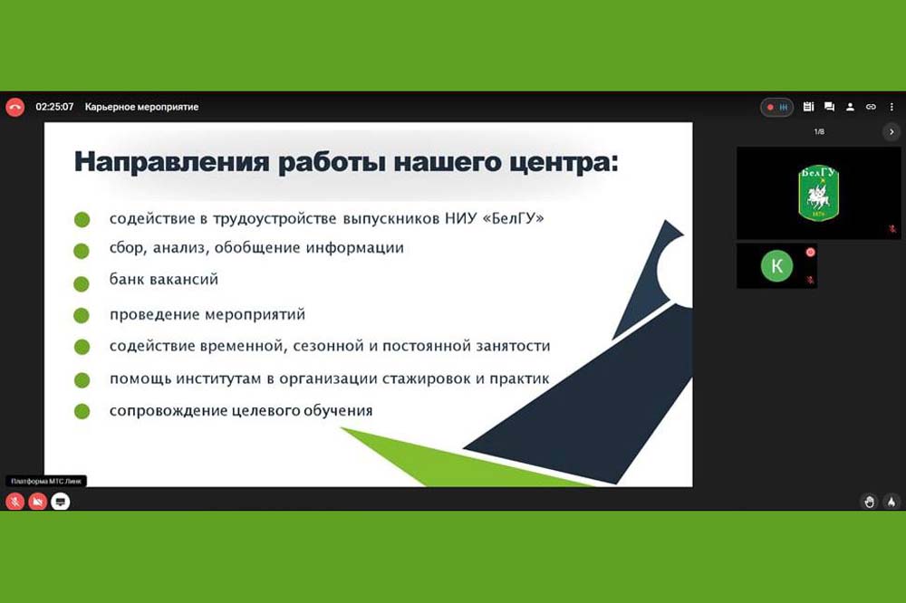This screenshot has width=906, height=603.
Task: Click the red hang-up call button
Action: click(15, 107)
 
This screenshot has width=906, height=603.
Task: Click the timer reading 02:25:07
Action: click(54, 107)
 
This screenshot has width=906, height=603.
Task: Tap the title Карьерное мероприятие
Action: click(141, 107)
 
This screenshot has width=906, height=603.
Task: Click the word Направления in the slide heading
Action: click(171, 162)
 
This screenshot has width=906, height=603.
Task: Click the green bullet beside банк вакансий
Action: click(82, 283)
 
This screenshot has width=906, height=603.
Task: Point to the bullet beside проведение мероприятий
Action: click(82, 315)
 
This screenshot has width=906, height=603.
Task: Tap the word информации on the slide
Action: click(355, 248)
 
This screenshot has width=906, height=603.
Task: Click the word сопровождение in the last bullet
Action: click(169, 411)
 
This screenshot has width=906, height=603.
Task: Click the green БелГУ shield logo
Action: click(818, 193)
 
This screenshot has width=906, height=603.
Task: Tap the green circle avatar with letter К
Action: click(776, 265)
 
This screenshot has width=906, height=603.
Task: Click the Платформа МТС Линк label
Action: click(46, 481)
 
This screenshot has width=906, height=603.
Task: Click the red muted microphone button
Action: click(15, 502)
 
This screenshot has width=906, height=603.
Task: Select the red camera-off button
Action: click(37, 502)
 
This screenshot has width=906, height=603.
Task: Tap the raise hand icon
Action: click(869, 502)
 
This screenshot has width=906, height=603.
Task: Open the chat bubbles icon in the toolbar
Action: click(829, 107)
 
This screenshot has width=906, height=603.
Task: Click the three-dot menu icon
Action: click(892, 107)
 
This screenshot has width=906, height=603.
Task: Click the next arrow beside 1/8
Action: click(892, 132)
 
